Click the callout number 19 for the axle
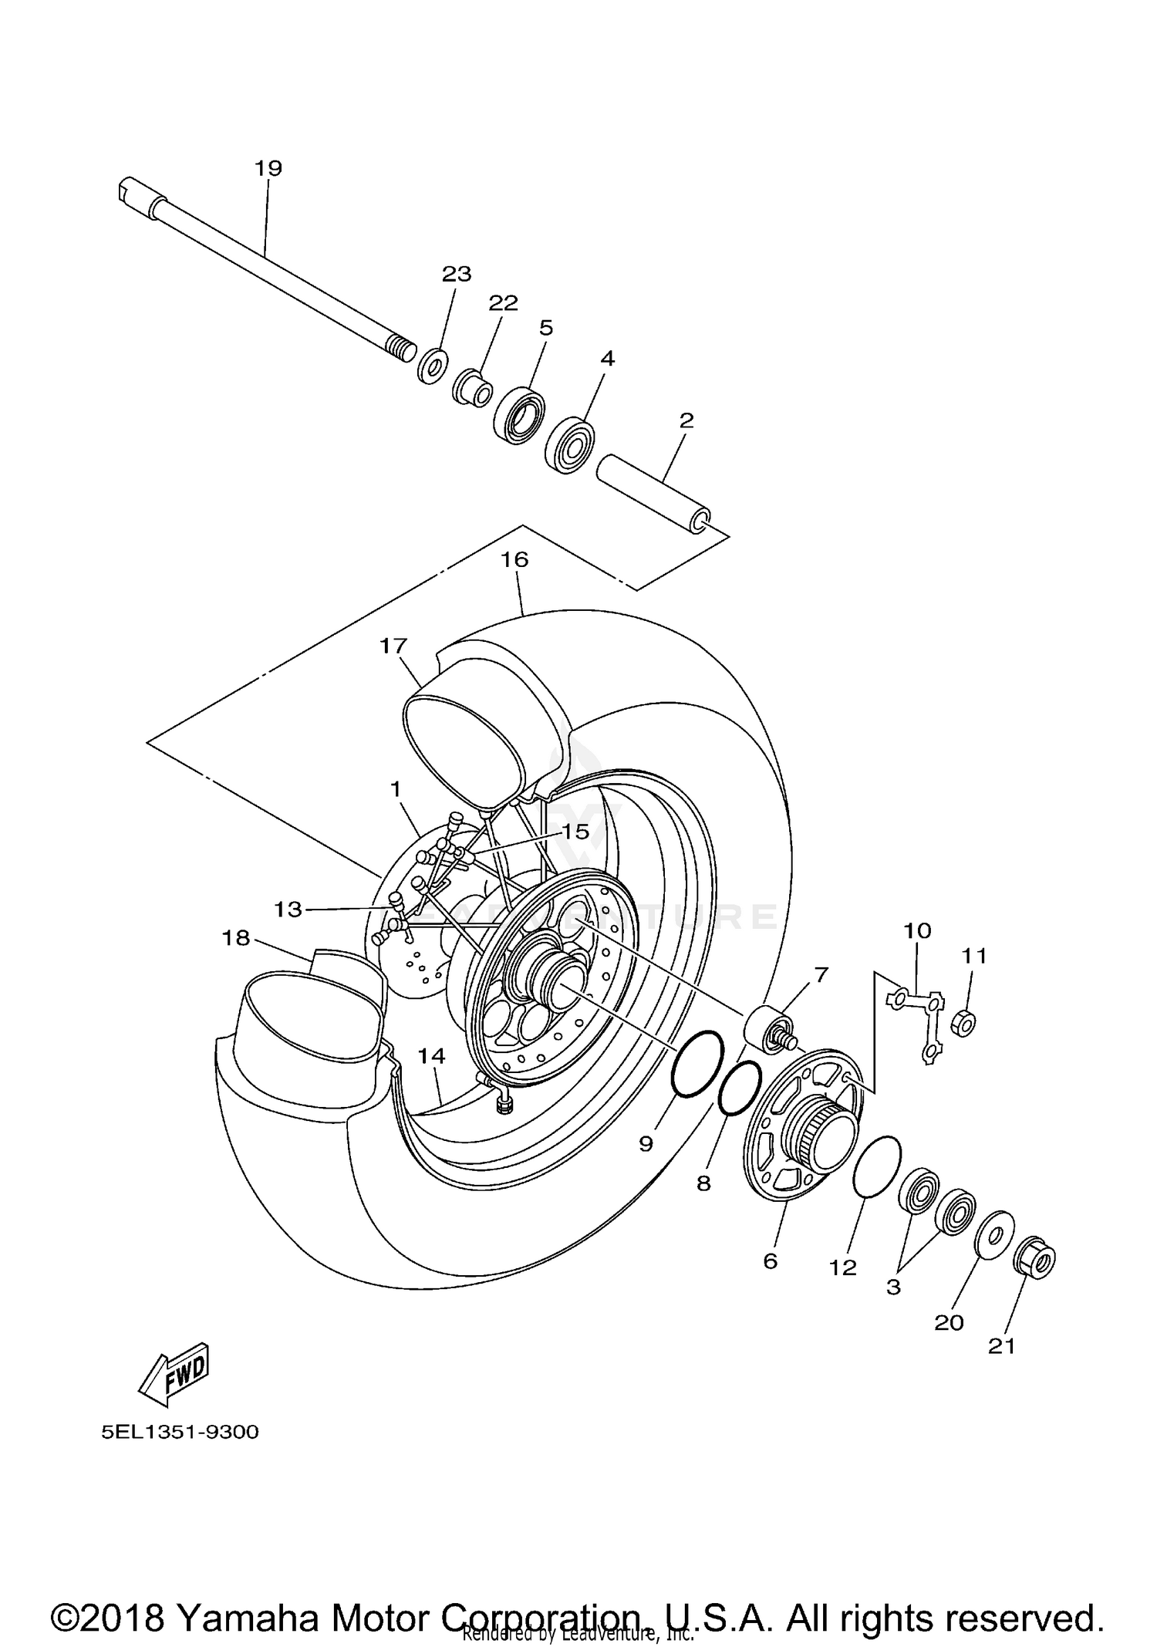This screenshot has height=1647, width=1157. click(268, 167)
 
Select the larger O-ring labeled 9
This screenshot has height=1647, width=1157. click(698, 1063)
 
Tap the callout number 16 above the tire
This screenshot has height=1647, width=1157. click(514, 559)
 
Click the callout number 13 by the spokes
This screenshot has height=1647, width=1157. click(288, 910)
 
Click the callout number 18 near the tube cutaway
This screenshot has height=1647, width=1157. click(236, 937)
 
